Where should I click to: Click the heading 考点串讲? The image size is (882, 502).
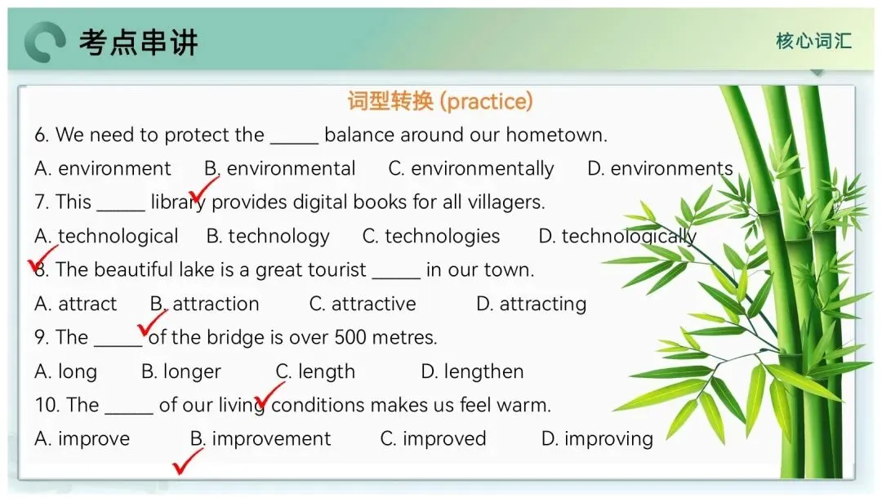pyautogui.click(x=138, y=42)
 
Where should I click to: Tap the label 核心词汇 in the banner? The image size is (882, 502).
pyautogui.click(x=813, y=41)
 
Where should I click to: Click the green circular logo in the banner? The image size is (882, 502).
pyautogui.click(x=45, y=42)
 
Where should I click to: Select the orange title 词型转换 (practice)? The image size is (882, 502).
pyautogui.click(x=440, y=101)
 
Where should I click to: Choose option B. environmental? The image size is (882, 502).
pyautogui.click(x=279, y=169)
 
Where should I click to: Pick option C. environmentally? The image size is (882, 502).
pyautogui.click(x=471, y=169)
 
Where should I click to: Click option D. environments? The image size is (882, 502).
pyautogui.click(x=660, y=169)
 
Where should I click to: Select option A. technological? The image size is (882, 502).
pyautogui.click(x=106, y=236)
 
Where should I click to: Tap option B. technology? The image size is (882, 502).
pyautogui.click(x=268, y=236)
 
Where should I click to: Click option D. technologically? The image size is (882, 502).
pyautogui.click(x=617, y=236)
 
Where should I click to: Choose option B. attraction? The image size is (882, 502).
pyautogui.click(x=204, y=304)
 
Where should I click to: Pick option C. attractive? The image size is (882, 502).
pyautogui.click(x=363, y=304)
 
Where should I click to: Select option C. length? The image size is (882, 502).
pyautogui.click(x=315, y=371)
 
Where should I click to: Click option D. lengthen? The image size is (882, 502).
pyautogui.click(x=472, y=371)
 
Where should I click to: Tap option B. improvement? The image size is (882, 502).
pyautogui.click(x=261, y=438)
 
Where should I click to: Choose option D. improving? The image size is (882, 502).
pyautogui.click(x=597, y=438)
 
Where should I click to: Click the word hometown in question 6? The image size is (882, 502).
pyautogui.click(x=556, y=135)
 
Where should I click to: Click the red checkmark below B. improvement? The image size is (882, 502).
pyautogui.click(x=187, y=462)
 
